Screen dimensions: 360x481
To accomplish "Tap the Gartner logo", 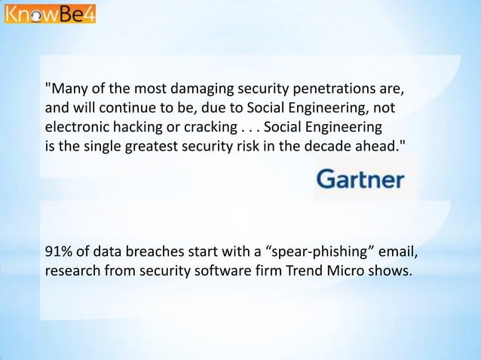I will [360, 179].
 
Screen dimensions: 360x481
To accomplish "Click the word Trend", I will [302, 270].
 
